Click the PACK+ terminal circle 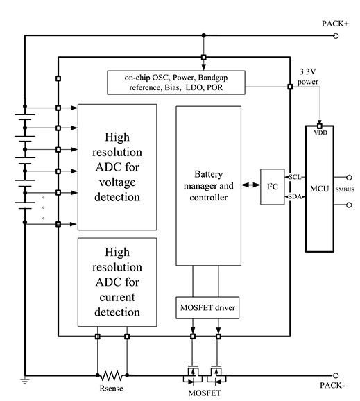[x=336, y=36]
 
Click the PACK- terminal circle [x=336, y=375]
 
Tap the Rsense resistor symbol [x=112, y=375]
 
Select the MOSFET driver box [x=207, y=307]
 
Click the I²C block [x=273, y=187]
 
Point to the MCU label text [x=319, y=189]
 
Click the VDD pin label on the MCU [x=320, y=133]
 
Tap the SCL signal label [x=295, y=177]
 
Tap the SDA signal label [x=295, y=196]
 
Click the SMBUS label [x=345, y=189]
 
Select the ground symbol [x=25, y=381]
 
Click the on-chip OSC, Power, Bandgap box [x=176, y=83]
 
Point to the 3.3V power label [x=308, y=76]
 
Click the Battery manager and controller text [x=208, y=186]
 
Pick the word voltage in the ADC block [x=117, y=182]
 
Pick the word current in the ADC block [x=117, y=297]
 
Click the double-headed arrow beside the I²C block [x=250, y=185]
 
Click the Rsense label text [x=111, y=389]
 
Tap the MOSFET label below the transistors [x=205, y=393]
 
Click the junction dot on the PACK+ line [x=203, y=35]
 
